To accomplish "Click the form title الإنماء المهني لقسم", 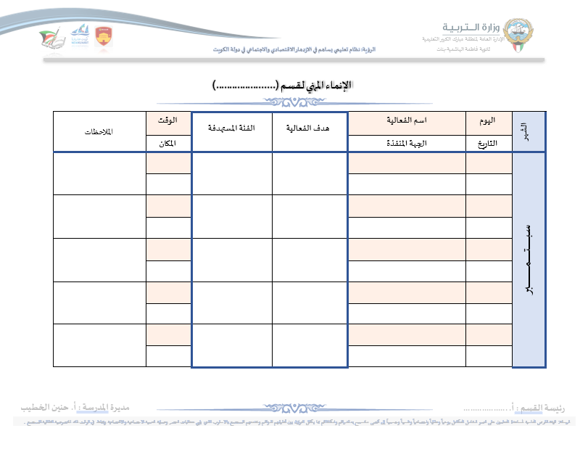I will tap(282, 85).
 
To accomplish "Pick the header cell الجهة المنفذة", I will tap(407, 143).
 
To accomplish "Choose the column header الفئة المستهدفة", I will tap(231, 128).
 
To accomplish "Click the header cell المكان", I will tap(169, 143).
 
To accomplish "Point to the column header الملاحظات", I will tap(99, 131).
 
